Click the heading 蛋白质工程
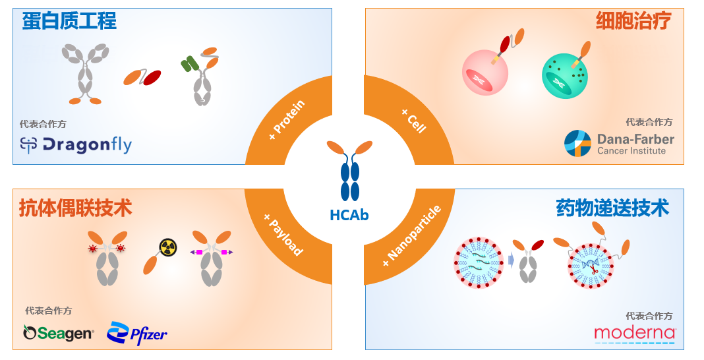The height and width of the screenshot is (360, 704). (x=69, y=21)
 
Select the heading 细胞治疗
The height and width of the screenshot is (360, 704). (x=633, y=21)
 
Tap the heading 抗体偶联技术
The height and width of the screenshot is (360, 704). (x=75, y=208)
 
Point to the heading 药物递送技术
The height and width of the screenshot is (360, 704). (x=612, y=208)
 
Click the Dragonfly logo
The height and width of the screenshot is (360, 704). (x=76, y=144)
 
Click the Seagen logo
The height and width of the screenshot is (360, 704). (x=58, y=334)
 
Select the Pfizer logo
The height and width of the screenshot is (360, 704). (x=137, y=334)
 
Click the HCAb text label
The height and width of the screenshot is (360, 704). (x=349, y=215)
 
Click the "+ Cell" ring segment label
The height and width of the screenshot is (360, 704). (x=414, y=120)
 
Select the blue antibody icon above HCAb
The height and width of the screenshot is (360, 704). (x=350, y=169)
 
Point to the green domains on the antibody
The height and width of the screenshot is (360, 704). (x=190, y=64)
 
